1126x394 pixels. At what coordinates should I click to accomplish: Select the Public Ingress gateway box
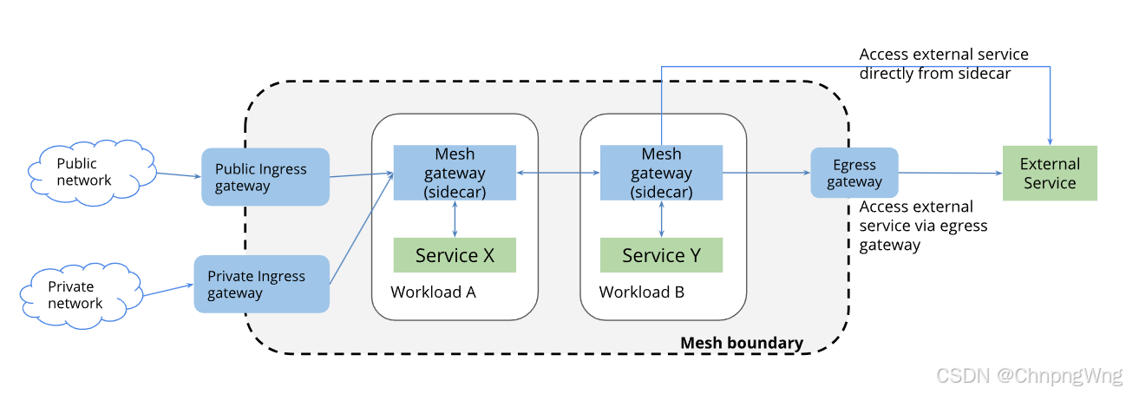pos(265,177)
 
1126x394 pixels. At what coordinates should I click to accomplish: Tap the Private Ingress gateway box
pos(262,284)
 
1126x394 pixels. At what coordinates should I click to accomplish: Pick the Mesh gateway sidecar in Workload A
pos(455,173)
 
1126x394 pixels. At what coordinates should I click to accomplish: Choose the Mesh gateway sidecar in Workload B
pos(661,173)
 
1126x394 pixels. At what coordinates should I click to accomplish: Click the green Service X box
pos(455,255)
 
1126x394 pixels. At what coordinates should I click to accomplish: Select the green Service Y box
pos(661,255)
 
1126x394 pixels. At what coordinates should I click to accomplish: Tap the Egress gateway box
pos(854,172)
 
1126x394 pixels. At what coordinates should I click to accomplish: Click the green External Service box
pos(1049,174)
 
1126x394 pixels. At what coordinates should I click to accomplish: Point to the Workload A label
pos(433,292)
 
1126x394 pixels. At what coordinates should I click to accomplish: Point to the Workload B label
pos(641,292)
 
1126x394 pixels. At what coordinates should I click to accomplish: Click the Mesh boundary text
pos(741,343)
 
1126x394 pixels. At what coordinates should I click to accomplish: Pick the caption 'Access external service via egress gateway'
pos(923,226)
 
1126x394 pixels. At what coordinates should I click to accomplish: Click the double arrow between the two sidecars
pos(558,174)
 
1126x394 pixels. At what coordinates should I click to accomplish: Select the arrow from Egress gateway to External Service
pos(950,173)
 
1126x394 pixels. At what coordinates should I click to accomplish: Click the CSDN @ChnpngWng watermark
pos(1029,375)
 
